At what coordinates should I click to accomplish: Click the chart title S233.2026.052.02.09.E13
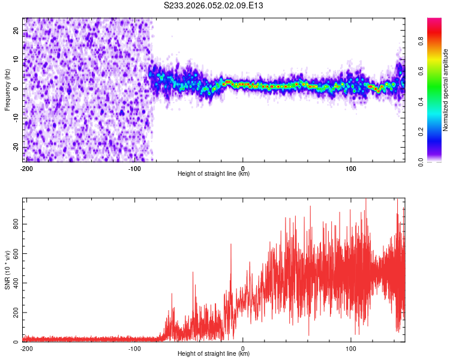coord(214,5)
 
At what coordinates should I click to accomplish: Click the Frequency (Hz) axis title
coord(7,89)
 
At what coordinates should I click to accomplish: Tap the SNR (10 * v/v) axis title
coord(7,270)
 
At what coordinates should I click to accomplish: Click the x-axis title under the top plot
coord(214,173)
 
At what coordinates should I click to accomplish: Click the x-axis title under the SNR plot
coord(214,353)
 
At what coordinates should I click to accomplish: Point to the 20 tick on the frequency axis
coord(16,30)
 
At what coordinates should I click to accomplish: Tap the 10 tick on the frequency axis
coord(16,59)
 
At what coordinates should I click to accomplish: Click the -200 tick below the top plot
coord(26,168)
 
